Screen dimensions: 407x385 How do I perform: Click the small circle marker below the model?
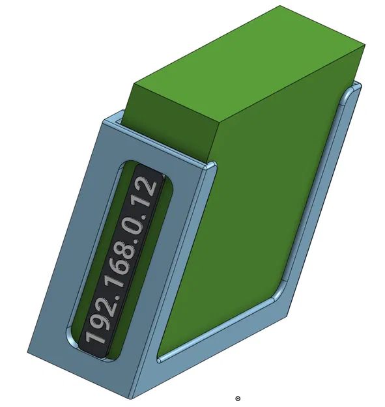pyautogui.click(x=238, y=398)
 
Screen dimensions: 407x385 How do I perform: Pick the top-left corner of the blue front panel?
pyautogui.click(x=105, y=120)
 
